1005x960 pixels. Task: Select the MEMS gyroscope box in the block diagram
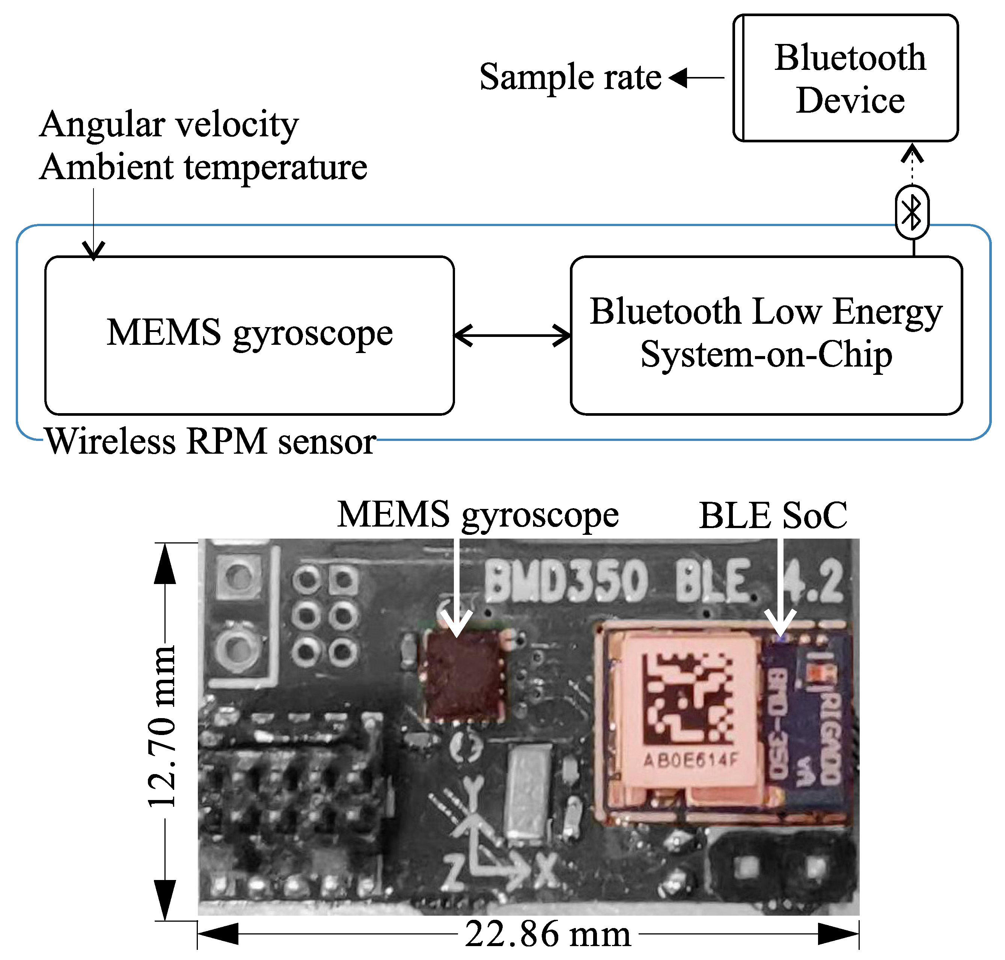pyautogui.click(x=250, y=335)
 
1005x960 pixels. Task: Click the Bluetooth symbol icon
pyautogui.click(x=912, y=212)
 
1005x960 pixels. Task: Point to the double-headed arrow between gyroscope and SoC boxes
pyautogui.click(x=512, y=336)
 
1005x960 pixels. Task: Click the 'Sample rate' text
pyautogui.click(x=570, y=77)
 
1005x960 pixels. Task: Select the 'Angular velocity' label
pyautogui.click(x=169, y=124)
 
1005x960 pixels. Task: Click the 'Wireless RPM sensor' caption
pyautogui.click(x=211, y=441)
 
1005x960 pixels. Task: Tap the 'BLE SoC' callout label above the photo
pyautogui.click(x=773, y=515)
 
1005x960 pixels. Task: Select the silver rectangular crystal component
pyautogui.click(x=528, y=792)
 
